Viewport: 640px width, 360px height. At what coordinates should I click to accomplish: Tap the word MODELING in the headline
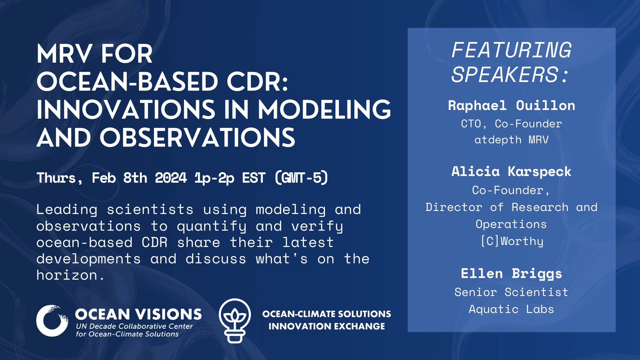pyautogui.click(x=325, y=110)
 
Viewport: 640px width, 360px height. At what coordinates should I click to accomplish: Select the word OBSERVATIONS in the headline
pyautogui.click(x=197, y=138)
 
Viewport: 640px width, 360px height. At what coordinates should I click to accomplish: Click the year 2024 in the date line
pyautogui.click(x=171, y=178)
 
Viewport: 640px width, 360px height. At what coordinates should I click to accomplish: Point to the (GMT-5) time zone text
pyautogui.click(x=302, y=178)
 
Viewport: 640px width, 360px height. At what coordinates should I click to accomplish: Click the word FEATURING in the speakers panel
pyautogui.click(x=511, y=50)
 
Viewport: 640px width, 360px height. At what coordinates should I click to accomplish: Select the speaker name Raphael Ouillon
pyautogui.click(x=511, y=106)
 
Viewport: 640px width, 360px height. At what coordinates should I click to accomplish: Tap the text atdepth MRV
pyautogui.click(x=511, y=140)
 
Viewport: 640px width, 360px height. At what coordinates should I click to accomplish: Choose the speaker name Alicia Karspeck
pyautogui.click(x=511, y=172)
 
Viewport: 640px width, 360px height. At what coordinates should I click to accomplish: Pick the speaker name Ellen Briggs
pyautogui.click(x=511, y=274)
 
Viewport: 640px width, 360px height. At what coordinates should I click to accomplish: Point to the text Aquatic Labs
pyautogui.click(x=511, y=309)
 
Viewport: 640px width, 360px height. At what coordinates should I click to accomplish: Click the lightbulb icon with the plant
pyautogui.click(x=235, y=321)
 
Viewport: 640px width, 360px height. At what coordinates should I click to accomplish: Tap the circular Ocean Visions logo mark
pyautogui.click(x=52, y=321)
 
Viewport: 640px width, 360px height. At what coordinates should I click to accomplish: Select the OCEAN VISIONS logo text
pyautogui.click(x=138, y=314)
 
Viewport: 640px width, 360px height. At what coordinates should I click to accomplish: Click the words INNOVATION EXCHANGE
pyautogui.click(x=327, y=326)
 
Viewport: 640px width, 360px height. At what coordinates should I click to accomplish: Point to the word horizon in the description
pyautogui.click(x=67, y=275)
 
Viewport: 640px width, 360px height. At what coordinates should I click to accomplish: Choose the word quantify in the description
pyautogui.click(x=212, y=227)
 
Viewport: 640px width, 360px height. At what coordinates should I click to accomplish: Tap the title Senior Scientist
pyautogui.click(x=511, y=292)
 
